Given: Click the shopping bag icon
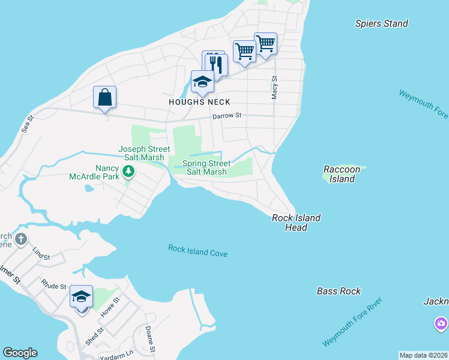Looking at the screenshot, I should (x=104, y=97).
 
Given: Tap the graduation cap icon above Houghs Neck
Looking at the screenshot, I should (x=202, y=82).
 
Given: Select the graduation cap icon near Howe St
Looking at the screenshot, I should (x=81, y=297).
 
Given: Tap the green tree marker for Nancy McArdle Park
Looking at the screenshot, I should (x=128, y=173).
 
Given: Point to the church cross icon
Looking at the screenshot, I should (x=21, y=240).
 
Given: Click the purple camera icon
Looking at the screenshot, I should (x=441, y=325).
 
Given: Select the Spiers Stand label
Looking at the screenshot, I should (x=381, y=23).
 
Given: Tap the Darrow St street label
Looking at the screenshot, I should (x=226, y=115).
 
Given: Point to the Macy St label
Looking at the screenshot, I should (x=274, y=88).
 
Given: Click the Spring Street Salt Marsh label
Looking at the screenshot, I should (x=206, y=167).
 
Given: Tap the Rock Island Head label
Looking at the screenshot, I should (x=296, y=223).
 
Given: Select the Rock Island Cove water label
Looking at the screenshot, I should (x=197, y=251).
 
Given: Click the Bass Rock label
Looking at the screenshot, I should (x=339, y=291).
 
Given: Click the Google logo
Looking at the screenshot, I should (x=20, y=353).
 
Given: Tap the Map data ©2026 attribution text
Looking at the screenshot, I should (x=423, y=355).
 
